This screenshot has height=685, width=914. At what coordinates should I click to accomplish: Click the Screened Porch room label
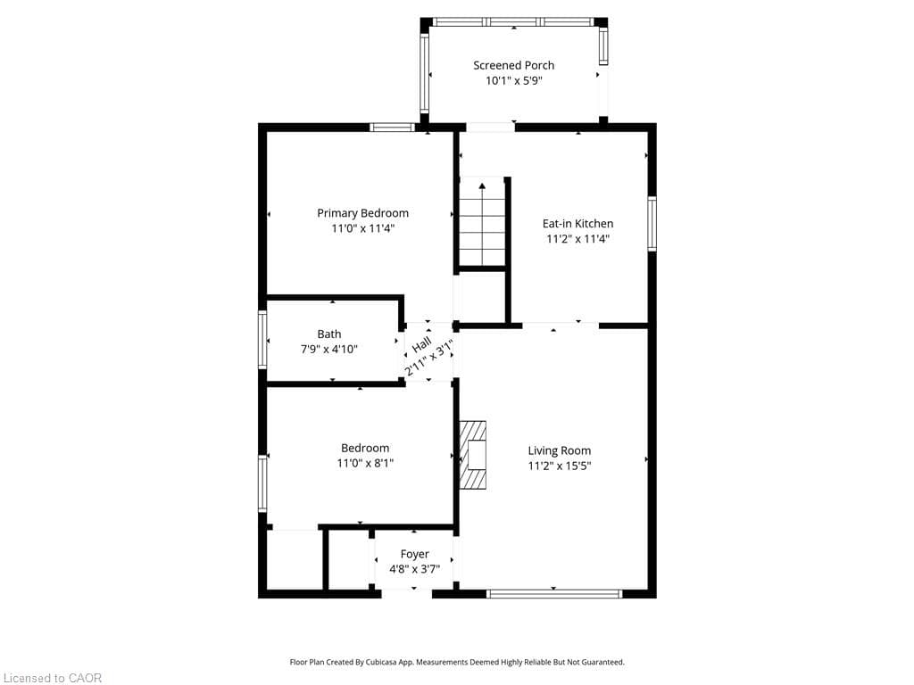tap(513, 65)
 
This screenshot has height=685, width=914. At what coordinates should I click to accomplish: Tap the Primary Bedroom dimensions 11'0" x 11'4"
tap(362, 228)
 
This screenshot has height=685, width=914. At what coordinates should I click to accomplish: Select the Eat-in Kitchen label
tap(577, 224)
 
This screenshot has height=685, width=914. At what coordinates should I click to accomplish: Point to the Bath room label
tap(328, 334)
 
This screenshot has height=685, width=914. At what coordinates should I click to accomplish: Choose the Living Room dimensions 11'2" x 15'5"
tap(560, 466)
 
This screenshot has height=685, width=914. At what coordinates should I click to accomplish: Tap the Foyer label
tap(414, 554)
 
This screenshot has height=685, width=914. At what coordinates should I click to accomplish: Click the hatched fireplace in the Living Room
tap(474, 455)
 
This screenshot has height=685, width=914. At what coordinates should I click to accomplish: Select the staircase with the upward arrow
tap(482, 223)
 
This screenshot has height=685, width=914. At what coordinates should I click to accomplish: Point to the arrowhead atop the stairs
tap(482, 186)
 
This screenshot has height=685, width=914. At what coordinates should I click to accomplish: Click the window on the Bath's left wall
tap(262, 339)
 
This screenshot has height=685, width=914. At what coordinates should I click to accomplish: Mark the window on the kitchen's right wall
tap(652, 225)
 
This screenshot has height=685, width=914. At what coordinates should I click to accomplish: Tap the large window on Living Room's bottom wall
tap(554, 593)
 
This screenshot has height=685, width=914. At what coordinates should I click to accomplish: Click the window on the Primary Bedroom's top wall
tap(393, 128)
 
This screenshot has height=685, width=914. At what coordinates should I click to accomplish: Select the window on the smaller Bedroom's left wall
tap(262, 483)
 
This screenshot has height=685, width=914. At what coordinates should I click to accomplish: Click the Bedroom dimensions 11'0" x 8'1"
tap(364, 463)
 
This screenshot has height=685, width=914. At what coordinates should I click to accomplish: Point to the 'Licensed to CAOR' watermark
tap(53, 678)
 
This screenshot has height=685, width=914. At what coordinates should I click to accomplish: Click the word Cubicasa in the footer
tap(417, 662)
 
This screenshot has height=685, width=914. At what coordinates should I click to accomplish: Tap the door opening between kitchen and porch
tap(490, 128)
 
